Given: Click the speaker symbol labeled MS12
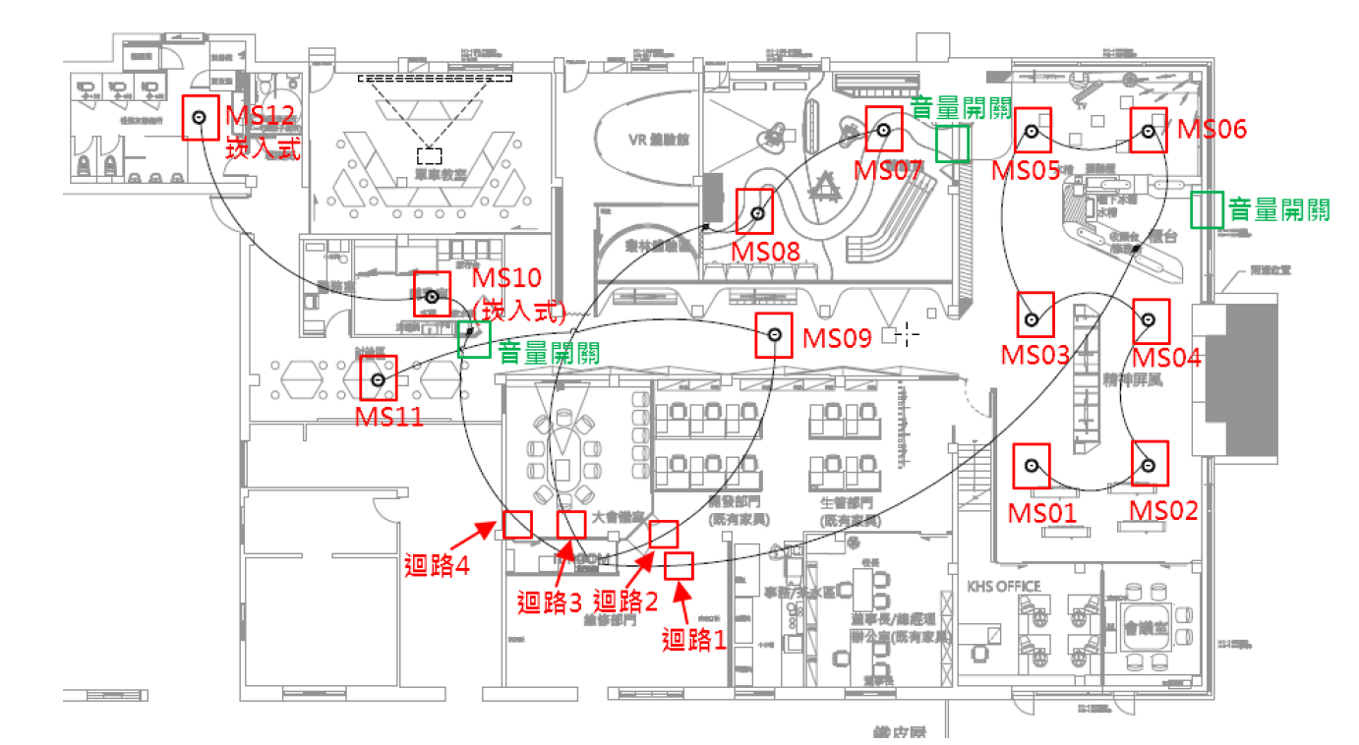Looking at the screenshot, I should (200, 118).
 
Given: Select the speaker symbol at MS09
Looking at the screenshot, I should (775, 336).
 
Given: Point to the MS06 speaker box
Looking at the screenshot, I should (1148, 130).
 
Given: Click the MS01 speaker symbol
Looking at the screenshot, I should (1032, 465).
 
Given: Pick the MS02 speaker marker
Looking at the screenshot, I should (1148, 464).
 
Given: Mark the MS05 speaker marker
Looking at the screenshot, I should (1033, 130).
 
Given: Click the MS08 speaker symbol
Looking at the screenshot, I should (755, 211).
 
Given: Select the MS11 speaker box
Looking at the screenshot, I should (379, 378).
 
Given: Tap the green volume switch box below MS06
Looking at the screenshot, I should (1207, 209).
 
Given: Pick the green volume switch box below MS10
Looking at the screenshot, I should (474, 339).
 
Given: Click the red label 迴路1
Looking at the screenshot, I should (694, 641).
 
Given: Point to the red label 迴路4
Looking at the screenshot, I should (436, 565).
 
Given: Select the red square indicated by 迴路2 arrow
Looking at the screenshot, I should (665, 534).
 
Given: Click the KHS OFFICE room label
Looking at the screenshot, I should (1003, 587).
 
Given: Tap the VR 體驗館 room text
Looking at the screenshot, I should (658, 140).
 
